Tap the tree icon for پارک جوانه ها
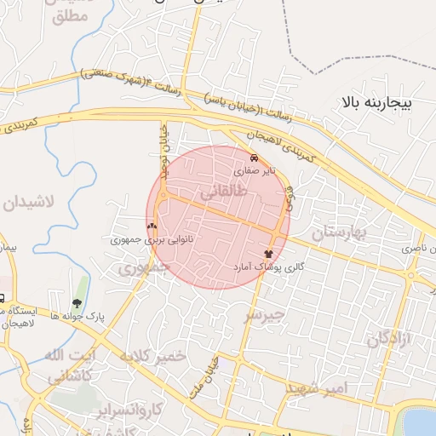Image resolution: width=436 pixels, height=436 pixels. click(77, 303)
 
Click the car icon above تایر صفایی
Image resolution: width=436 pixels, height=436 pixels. click(254, 158)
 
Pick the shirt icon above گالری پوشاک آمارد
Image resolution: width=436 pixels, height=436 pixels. click(269, 254)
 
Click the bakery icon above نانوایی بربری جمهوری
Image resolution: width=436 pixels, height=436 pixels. click(152, 227)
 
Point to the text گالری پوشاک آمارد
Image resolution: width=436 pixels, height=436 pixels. click(270, 267)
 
